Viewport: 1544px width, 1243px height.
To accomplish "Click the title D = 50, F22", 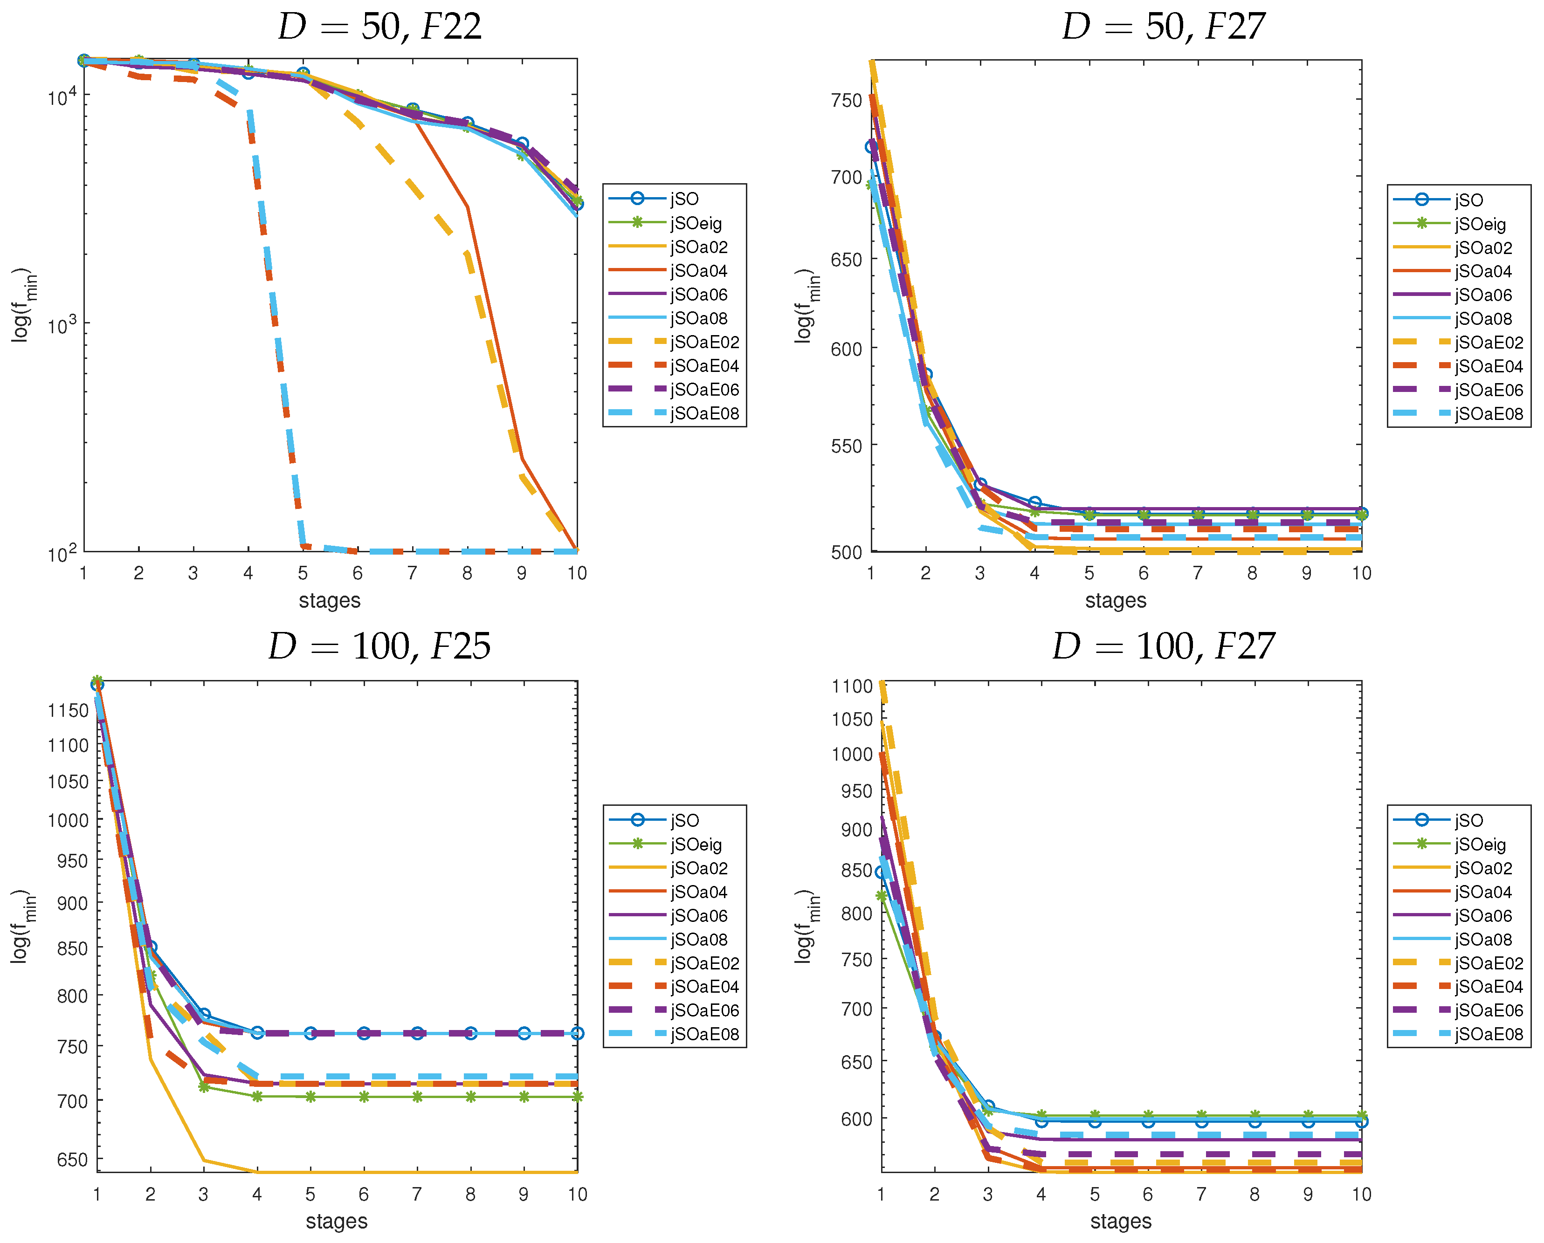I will [x=379, y=27].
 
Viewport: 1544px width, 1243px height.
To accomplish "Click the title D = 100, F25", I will [x=379, y=646].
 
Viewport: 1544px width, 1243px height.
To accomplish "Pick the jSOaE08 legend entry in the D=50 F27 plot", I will [x=1488, y=414].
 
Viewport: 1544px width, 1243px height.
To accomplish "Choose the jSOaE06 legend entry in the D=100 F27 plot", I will [x=1488, y=1010].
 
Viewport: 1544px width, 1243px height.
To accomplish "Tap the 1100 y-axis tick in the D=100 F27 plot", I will [x=852, y=687].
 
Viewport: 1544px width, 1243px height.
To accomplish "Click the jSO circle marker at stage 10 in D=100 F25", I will [x=577, y=1033].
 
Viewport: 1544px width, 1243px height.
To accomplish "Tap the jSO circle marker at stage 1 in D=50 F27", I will [x=872, y=147].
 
